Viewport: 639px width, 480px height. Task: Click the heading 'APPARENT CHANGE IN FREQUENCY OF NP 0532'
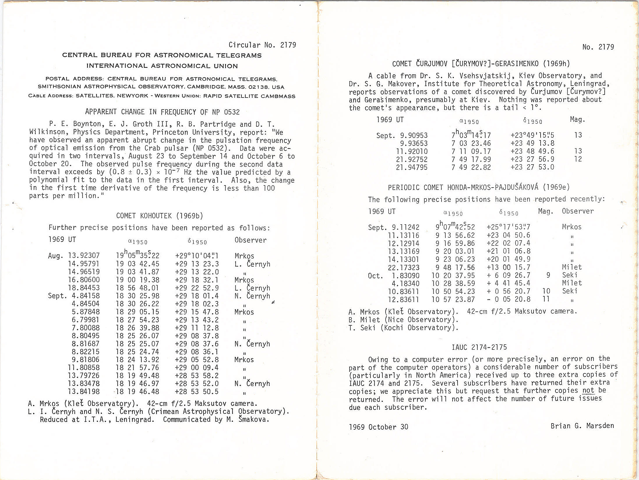162,112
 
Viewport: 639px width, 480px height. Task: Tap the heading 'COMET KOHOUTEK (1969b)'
159,216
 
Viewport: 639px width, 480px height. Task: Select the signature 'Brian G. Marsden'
582,426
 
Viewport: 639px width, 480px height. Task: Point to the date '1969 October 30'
378,427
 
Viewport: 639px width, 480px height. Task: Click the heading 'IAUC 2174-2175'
479,347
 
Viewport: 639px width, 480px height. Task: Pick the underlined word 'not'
588,391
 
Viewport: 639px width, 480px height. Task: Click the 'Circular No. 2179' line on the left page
262,45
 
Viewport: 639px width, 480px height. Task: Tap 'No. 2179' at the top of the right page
598,47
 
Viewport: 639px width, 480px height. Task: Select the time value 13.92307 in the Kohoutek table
84,256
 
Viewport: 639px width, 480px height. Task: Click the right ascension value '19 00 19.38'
138,280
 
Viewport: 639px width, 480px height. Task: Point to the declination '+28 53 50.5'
197,392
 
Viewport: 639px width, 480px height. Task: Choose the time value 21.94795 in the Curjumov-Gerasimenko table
412,167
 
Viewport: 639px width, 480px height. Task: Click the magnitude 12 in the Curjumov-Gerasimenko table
578,159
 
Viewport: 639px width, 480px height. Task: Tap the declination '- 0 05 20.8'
508,299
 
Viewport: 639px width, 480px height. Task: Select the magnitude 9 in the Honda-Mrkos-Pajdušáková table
548,275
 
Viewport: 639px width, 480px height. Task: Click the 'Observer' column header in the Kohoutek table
250,240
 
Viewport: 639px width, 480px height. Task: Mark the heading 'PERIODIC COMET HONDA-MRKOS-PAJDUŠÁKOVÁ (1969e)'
479,187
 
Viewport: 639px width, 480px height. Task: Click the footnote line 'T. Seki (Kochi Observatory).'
403,328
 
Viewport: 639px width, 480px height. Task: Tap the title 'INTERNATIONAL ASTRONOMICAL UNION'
162,66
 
